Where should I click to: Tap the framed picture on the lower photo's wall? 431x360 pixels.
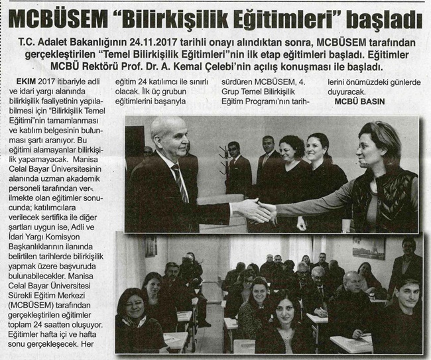tap(369, 247)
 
